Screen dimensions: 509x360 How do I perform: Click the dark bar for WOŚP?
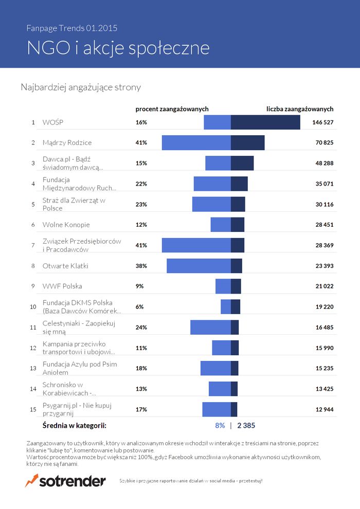tap(265, 122)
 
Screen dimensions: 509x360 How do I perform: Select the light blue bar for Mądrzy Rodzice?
tap(196, 142)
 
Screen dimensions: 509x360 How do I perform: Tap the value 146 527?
tap(323, 122)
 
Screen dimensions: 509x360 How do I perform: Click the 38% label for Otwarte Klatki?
tap(141, 266)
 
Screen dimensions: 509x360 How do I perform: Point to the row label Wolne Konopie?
tap(66, 225)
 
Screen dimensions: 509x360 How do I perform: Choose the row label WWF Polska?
tap(62, 286)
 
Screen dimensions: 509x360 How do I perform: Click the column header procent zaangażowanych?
tap(172, 109)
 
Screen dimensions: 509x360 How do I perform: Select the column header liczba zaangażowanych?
tap(300, 109)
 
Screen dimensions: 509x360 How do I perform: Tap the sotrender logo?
tap(65, 481)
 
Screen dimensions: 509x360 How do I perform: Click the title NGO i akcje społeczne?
tap(118, 48)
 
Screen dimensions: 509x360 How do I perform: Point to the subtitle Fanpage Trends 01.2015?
tap(75, 28)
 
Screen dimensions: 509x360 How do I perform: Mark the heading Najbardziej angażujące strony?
tap(81, 87)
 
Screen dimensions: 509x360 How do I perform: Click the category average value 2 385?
tap(246, 425)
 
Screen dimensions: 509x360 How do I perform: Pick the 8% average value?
tap(220, 425)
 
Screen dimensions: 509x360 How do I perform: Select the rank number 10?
tap(33, 306)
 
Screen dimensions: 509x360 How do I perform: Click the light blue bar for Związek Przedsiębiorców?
tap(196, 245)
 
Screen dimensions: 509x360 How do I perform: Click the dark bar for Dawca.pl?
tap(242, 163)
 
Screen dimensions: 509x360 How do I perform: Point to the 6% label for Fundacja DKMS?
tap(140, 306)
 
